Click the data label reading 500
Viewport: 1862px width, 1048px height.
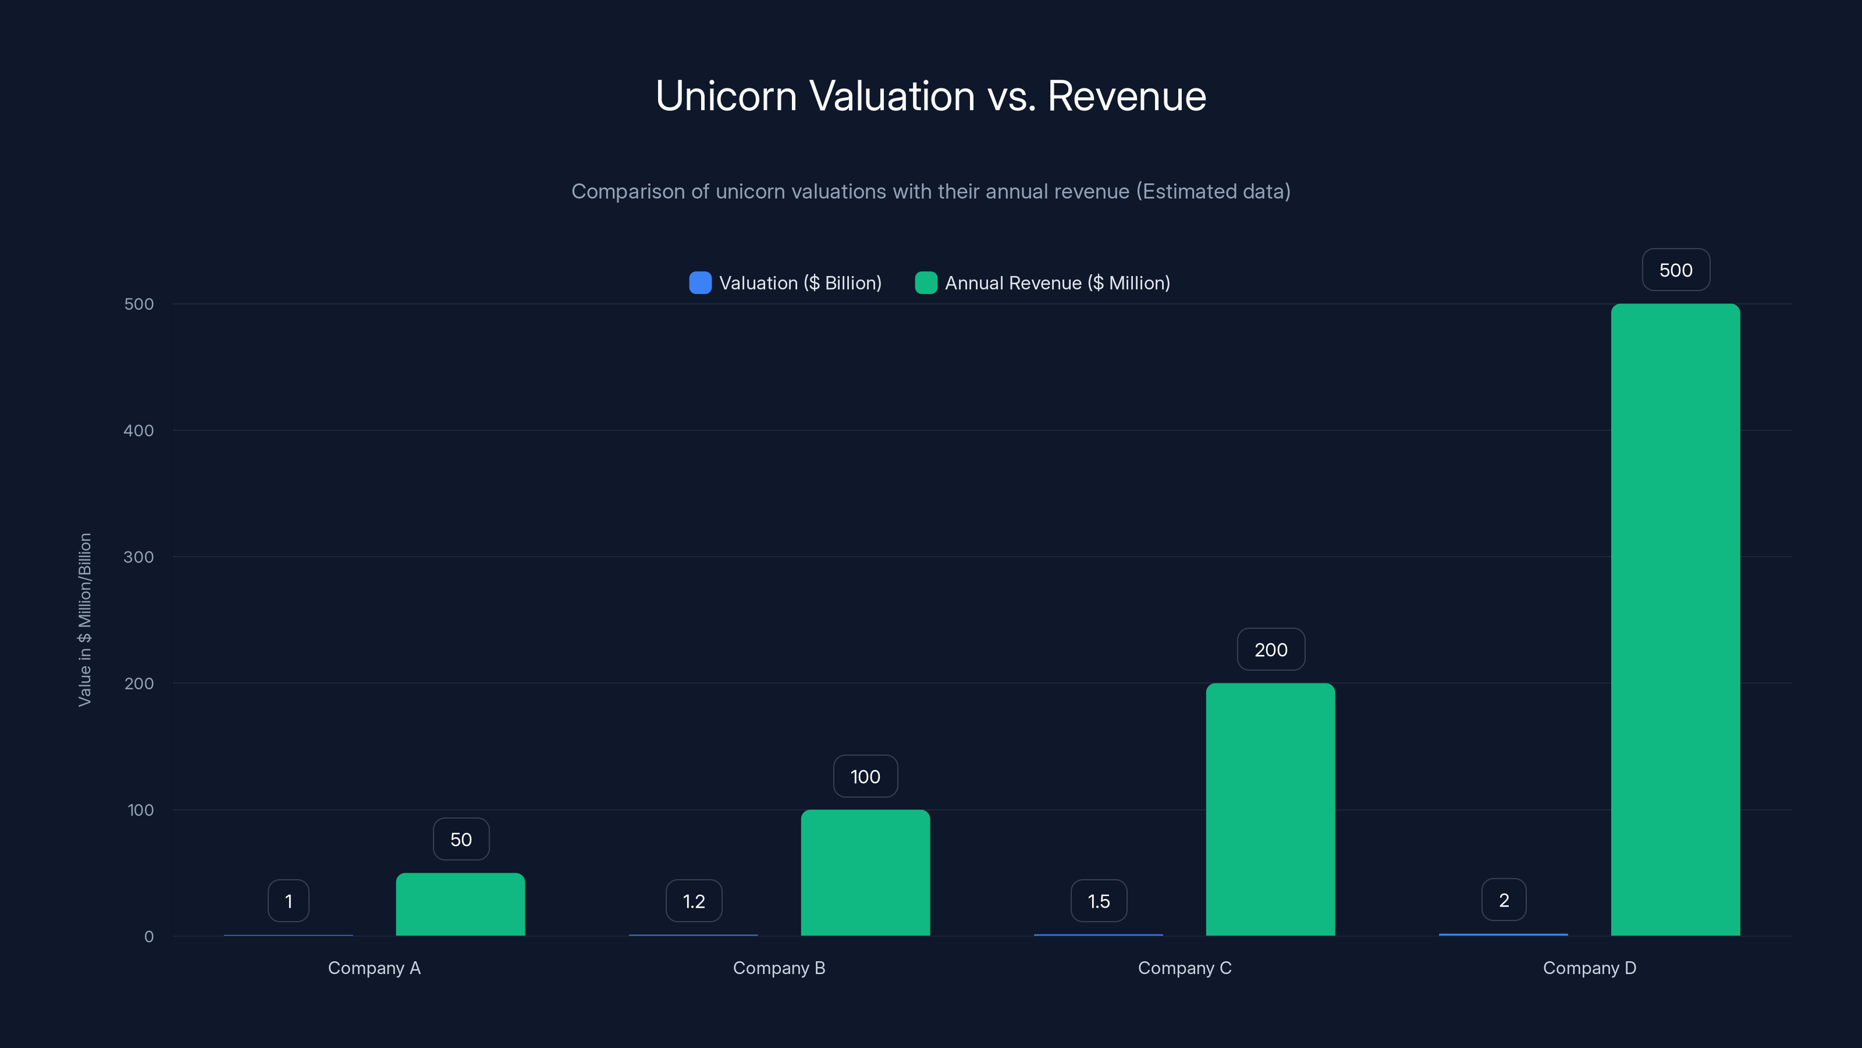pos(1676,270)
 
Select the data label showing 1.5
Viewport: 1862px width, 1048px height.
pos(1098,901)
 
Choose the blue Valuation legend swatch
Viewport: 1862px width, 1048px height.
pos(699,283)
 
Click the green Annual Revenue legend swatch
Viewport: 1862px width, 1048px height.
pos(925,283)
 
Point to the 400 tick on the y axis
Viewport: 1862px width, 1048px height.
pos(139,430)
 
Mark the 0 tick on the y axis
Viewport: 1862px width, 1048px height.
pos(149,937)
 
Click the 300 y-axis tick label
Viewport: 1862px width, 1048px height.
pos(139,557)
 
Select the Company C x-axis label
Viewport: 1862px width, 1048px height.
pos(1184,968)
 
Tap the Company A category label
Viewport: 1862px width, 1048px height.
pos(374,968)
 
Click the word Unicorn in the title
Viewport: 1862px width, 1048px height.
pos(726,95)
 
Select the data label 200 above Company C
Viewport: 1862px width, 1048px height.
pos(1270,650)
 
